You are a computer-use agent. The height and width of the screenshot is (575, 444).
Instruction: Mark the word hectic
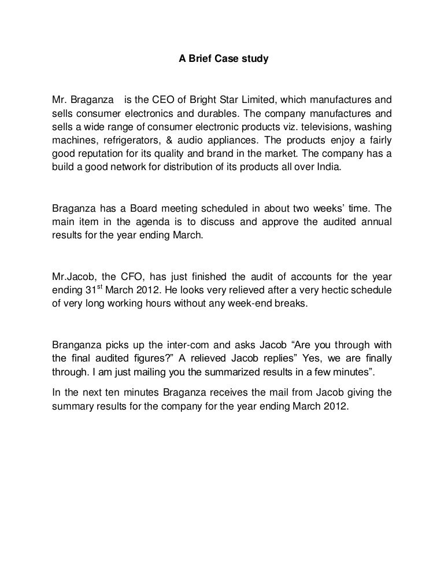[x=319, y=290]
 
